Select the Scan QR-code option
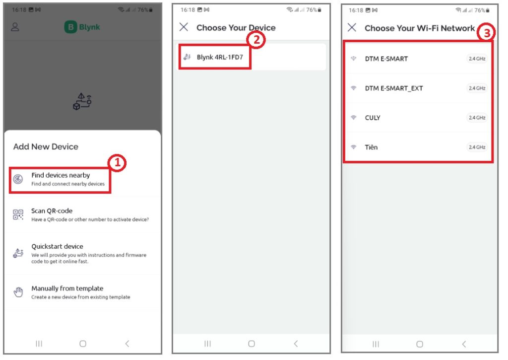[52, 211]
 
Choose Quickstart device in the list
[57, 246]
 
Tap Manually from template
[67, 288]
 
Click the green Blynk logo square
[70, 27]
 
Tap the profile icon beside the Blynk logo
[15, 27]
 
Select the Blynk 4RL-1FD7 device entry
[220, 58]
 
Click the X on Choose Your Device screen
[184, 27]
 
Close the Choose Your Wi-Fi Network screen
[352, 27]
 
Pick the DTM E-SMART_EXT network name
[393, 88]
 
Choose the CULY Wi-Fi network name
[373, 118]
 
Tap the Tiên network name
[371, 147]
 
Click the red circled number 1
[117, 162]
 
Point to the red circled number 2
[256, 40]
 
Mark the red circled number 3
[486, 32]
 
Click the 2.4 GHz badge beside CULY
[477, 118]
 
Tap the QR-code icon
[18, 215]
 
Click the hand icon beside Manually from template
[18, 292]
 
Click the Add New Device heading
[46, 146]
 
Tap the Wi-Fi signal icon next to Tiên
[353, 147]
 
